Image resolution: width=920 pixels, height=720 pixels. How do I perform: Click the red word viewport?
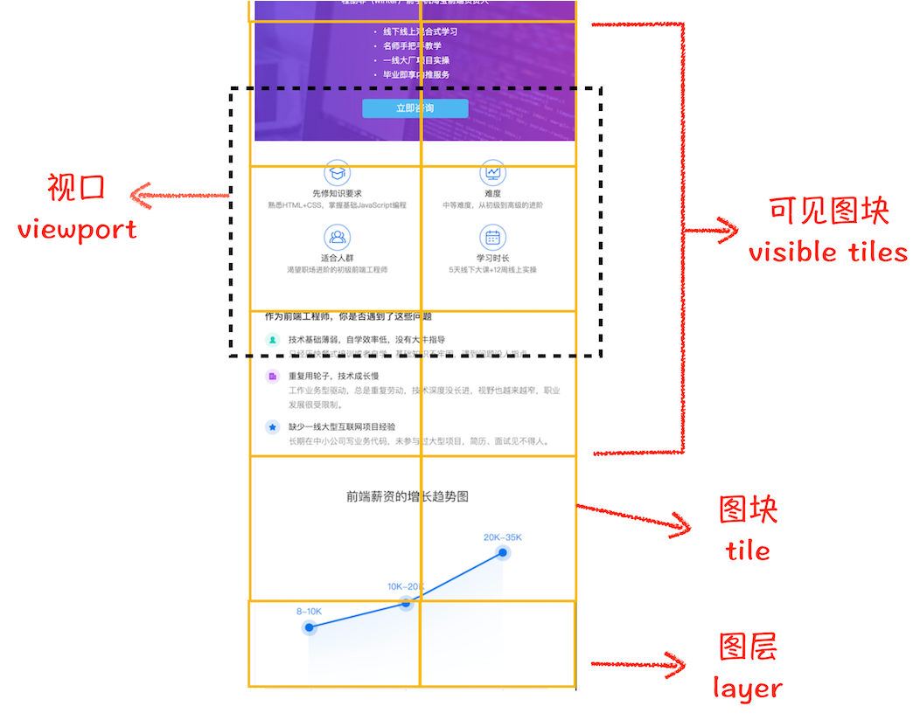tap(77, 230)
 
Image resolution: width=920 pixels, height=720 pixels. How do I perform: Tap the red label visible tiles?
tap(827, 252)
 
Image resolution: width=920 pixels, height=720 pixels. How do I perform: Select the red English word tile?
tap(748, 550)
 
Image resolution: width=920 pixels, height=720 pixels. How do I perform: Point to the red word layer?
tap(747, 688)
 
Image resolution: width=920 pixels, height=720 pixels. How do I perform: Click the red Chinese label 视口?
tap(76, 187)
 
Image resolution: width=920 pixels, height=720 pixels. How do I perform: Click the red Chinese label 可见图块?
tap(828, 211)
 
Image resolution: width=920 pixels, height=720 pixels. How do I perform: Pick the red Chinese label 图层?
tap(748, 647)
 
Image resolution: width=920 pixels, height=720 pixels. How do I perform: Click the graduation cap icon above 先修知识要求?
tap(337, 172)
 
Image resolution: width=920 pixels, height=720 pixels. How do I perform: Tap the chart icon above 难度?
tap(492, 172)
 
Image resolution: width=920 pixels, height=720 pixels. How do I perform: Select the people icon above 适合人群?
tap(337, 237)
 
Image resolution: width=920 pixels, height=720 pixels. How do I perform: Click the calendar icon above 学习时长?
tap(492, 237)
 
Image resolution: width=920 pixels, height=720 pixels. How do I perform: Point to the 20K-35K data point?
tap(503, 552)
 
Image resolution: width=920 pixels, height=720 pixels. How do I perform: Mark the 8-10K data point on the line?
tap(309, 627)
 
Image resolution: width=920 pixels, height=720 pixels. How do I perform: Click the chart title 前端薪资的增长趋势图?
tap(408, 496)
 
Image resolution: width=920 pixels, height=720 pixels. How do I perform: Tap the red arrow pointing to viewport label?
tap(179, 197)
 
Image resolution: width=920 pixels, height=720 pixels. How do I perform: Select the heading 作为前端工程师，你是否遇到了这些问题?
tap(348, 316)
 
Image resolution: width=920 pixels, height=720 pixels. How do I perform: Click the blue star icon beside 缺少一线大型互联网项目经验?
tap(272, 427)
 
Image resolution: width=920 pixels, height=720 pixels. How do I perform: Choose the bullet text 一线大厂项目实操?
tap(415, 60)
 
